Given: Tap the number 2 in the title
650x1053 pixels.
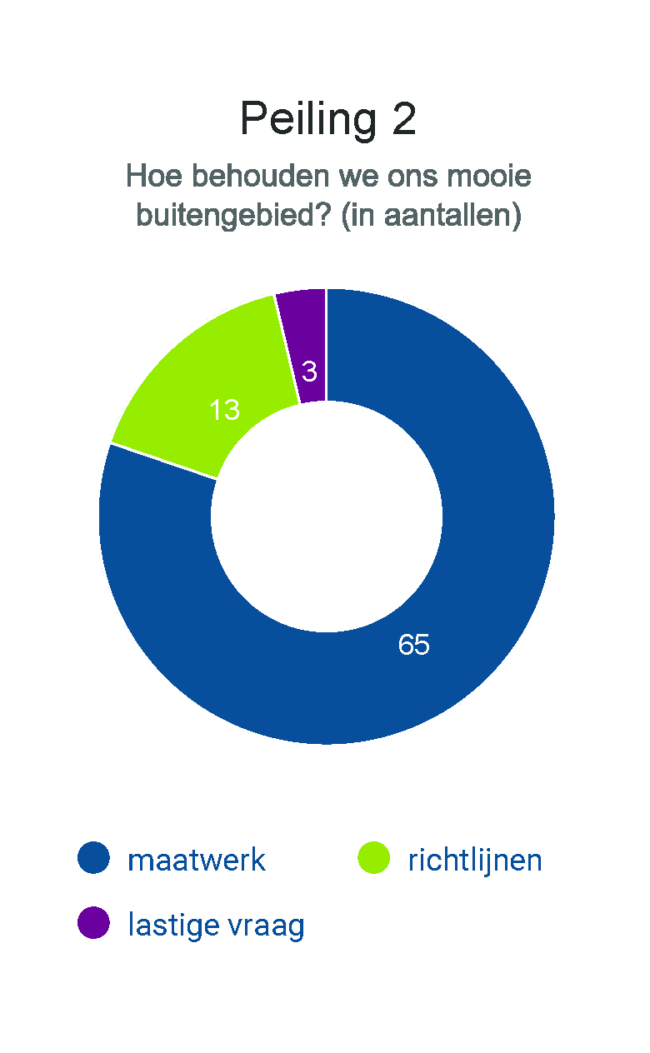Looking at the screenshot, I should click(402, 119).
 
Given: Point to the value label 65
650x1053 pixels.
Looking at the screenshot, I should click(414, 645).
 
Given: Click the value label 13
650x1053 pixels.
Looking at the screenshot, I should click(224, 410).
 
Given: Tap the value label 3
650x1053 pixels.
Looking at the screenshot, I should click(309, 372).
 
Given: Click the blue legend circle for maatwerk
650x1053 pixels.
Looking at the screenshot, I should click(93, 858).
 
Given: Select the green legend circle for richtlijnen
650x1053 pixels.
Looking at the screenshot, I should click(373, 858).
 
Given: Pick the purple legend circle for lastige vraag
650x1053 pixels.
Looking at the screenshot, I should click(93, 923).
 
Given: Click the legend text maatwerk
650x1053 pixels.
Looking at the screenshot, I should click(197, 860).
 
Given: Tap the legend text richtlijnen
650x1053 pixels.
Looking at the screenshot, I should click(475, 860).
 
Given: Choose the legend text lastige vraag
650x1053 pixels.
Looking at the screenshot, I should click(216, 925).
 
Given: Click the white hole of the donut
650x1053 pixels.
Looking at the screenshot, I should click(326, 517).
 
